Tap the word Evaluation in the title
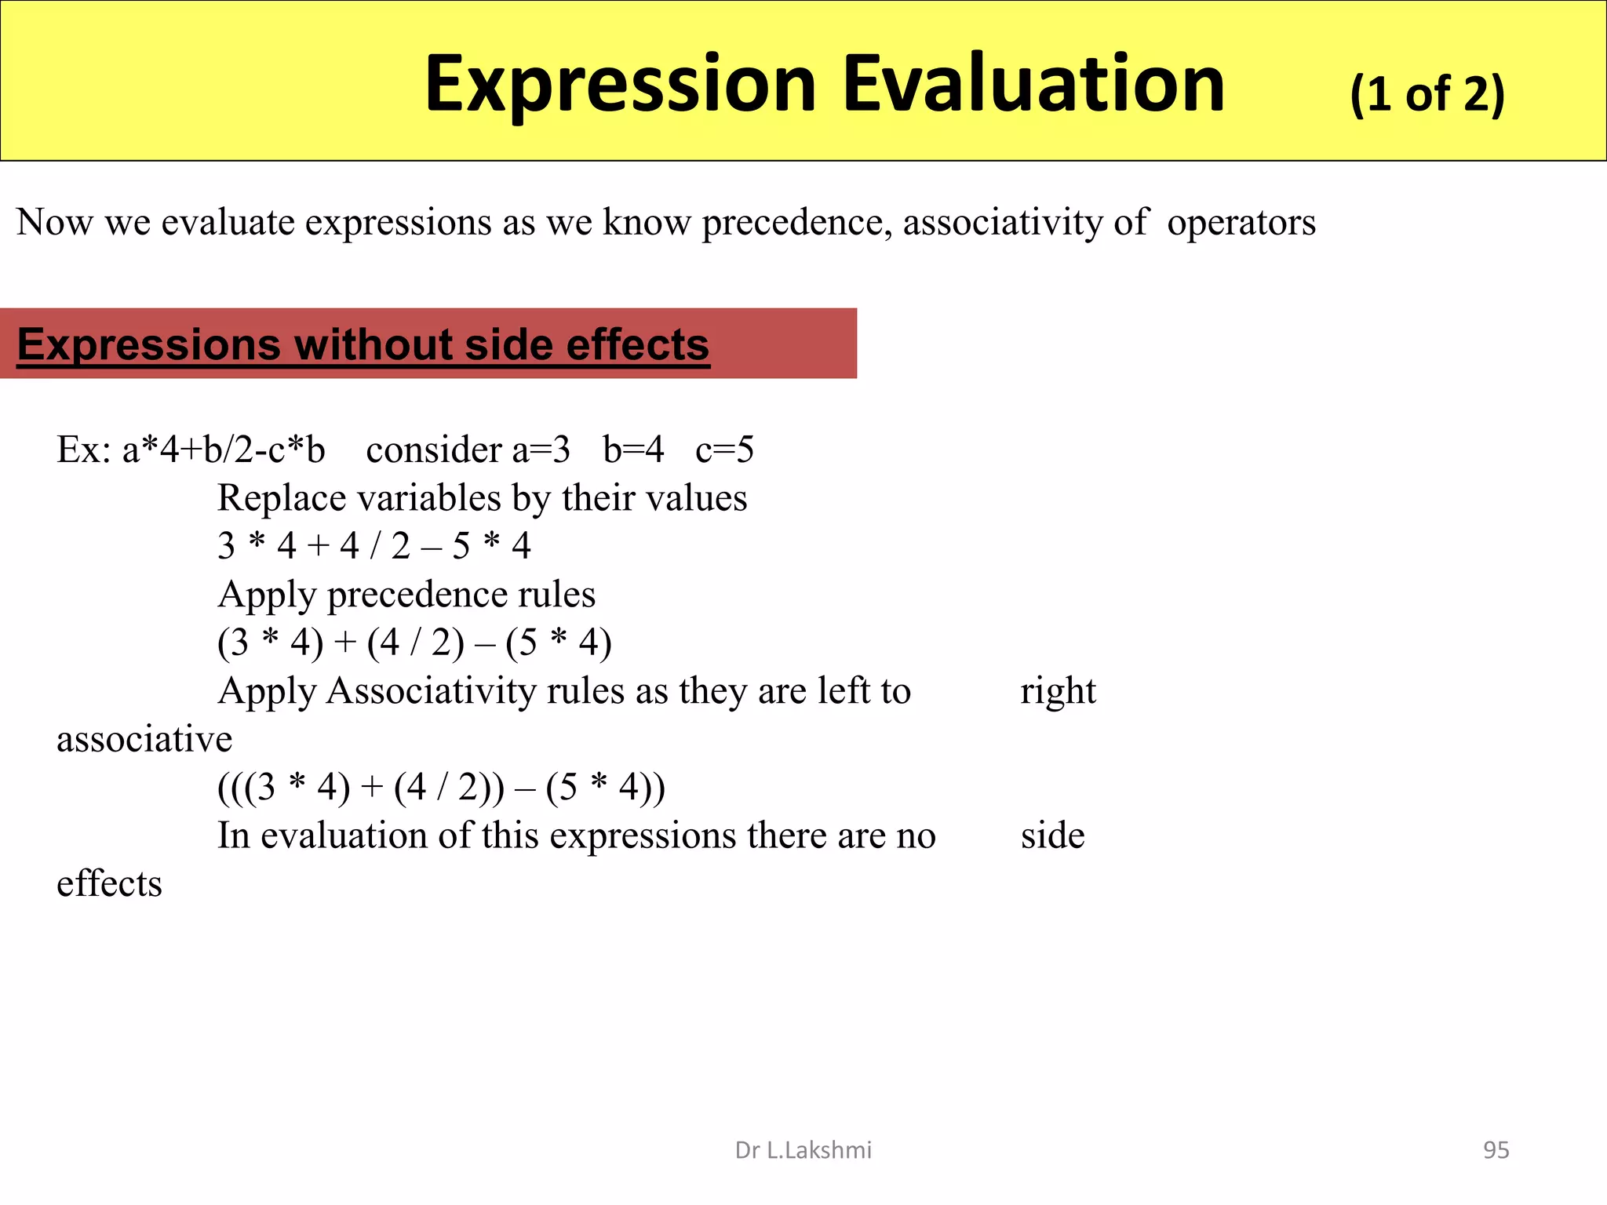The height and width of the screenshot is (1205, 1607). (1033, 83)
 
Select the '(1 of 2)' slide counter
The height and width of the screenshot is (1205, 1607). (1427, 95)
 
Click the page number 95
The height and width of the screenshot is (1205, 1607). (1496, 1150)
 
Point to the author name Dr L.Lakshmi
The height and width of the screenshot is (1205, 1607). (803, 1150)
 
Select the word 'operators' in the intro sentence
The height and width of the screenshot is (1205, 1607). (1241, 223)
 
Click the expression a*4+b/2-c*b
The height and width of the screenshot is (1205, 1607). (223, 450)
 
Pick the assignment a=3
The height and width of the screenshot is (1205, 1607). (541, 450)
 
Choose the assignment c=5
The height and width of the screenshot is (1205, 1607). (724, 450)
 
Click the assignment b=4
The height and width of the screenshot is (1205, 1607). (633, 450)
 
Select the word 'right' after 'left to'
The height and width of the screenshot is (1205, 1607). (1058, 692)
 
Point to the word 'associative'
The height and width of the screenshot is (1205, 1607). (144, 740)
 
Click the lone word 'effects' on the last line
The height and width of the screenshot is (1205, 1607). (109, 884)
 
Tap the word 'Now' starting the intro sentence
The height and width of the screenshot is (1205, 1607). (54, 223)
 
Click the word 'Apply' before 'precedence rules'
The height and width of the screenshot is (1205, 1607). (266, 595)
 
